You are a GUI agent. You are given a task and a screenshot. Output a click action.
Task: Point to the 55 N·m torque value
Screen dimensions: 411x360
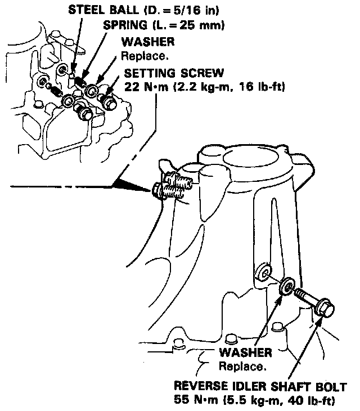pos(193,401)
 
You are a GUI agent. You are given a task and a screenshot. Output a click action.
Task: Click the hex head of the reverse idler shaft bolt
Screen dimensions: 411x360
pos(325,309)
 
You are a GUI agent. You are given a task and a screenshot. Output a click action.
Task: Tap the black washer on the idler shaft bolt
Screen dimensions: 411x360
pos(287,287)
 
